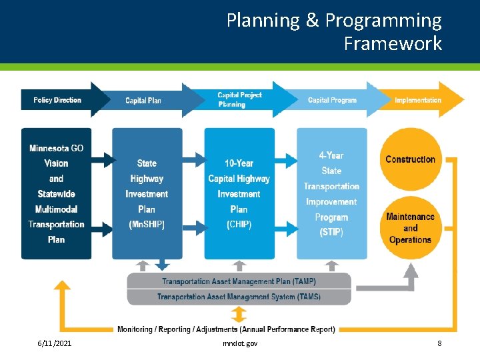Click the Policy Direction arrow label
[x=57, y=100]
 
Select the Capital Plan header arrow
[x=143, y=101]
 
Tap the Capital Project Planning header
[x=239, y=99]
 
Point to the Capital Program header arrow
[x=332, y=100]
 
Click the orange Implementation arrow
[x=418, y=100]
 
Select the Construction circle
[x=410, y=159]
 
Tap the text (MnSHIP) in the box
[x=147, y=225]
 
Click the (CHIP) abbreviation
[x=239, y=225]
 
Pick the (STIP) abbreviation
[x=331, y=232]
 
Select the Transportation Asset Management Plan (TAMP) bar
[x=239, y=281]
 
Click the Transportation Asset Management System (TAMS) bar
[x=239, y=297]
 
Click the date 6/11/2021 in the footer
[x=55, y=343]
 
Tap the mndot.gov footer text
[x=240, y=343]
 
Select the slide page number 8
[x=439, y=343]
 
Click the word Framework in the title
[x=393, y=43]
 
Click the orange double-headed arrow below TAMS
[x=239, y=314]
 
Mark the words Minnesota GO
[x=56, y=148]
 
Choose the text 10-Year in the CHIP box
[x=239, y=163]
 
